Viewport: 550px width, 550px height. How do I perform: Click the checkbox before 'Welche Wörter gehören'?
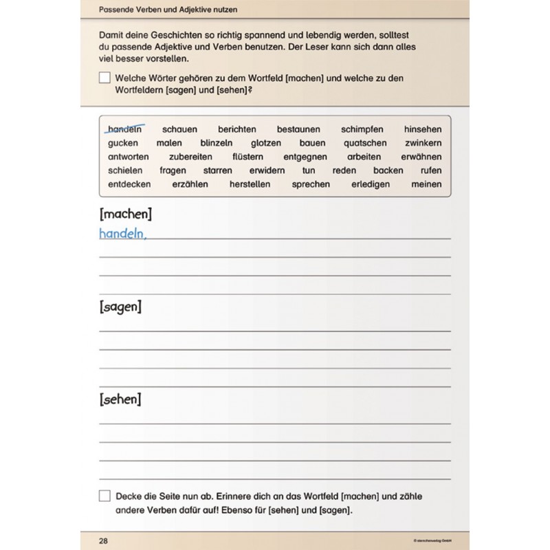tap(104, 78)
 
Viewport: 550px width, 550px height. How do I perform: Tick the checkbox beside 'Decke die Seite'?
tap(104, 495)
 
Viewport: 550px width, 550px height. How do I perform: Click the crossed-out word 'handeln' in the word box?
tap(124, 129)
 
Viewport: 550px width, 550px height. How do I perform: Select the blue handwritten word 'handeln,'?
tap(123, 234)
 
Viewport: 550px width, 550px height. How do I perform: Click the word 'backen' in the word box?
tap(388, 170)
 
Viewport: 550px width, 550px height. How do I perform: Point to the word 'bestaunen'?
tap(298, 129)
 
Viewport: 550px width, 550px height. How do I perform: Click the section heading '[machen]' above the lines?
tap(125, 213)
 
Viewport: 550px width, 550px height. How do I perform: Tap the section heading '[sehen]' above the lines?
tap(120, 399)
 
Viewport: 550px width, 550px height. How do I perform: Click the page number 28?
tap(103, 540)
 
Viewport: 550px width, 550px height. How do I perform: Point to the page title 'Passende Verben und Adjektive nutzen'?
tap(174, 11)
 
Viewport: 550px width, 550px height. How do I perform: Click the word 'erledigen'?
tap(371, 184)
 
